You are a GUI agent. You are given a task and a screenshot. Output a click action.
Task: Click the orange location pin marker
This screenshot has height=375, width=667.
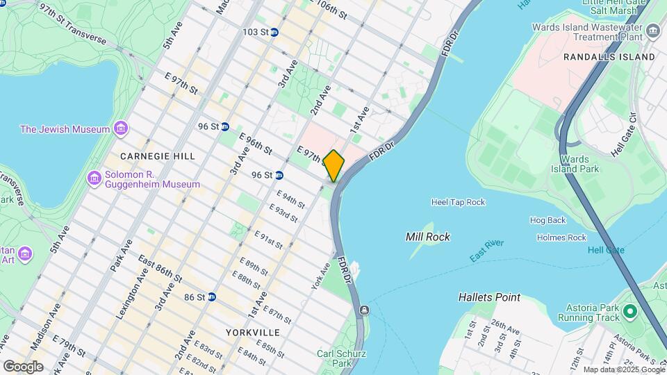click(333, 165)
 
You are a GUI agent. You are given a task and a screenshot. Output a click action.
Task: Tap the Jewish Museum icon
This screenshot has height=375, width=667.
click(122, 129)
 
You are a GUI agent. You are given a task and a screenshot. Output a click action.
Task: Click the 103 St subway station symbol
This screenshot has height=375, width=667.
click(274, 33)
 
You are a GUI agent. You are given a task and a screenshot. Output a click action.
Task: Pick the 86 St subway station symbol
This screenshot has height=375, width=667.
click(212, 297)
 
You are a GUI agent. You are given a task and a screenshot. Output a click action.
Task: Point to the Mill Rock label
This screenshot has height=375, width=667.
click(427, 237)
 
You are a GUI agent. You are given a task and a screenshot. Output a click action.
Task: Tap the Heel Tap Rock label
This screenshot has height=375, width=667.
click(458, 202)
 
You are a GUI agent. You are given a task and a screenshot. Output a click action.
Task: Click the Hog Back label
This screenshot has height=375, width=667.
click(547, 220)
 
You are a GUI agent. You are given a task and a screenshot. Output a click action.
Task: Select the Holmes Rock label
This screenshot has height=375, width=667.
click(561, 237)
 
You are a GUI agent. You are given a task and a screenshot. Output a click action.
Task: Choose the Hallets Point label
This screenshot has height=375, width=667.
click(489, 297)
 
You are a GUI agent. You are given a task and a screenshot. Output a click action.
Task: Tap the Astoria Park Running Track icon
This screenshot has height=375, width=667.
click(630, 312)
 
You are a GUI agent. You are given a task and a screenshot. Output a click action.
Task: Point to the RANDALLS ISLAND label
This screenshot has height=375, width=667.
click(609, 56)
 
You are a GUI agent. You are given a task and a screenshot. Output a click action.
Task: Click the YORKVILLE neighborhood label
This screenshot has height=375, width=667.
click(252, 333)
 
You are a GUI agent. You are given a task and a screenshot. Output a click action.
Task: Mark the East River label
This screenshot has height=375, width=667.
click(486, 251)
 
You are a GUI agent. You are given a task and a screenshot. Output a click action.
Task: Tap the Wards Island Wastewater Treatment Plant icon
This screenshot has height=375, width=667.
click(652, 31)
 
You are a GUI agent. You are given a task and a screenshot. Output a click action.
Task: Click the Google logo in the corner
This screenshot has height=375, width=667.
click(23, 366)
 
